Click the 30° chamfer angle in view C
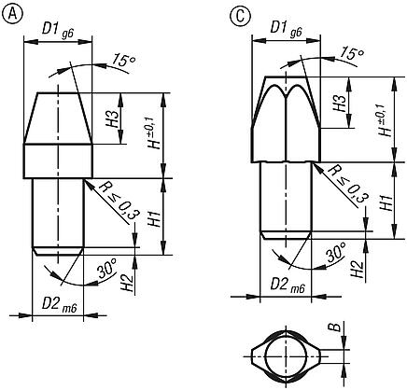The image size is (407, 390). (334, 252)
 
